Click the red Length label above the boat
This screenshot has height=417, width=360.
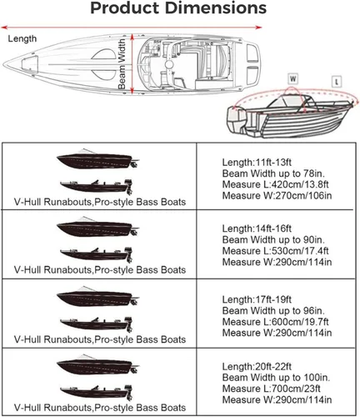pos(22,38)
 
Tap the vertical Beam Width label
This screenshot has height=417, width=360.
pos(122,68)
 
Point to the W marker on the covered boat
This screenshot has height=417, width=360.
pos(292,78)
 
